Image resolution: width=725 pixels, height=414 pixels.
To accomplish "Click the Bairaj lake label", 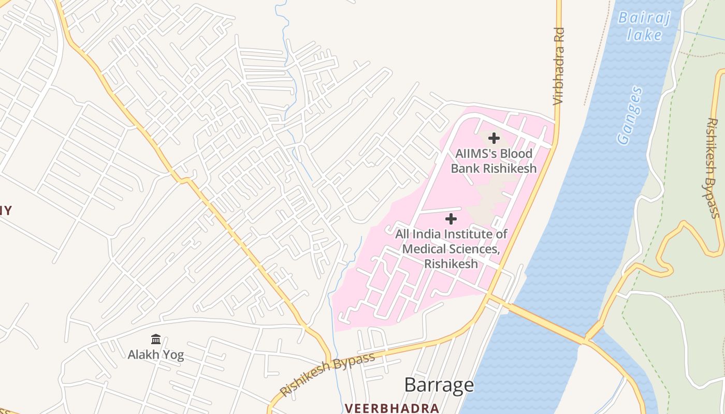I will [x=645, y=26].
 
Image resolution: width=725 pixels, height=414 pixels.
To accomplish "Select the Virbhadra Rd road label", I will [x=558, y=66].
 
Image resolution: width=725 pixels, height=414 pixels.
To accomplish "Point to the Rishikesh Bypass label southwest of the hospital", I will [x=327, y=375].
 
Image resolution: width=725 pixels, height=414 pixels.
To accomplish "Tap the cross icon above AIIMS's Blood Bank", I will [x=494, y=138].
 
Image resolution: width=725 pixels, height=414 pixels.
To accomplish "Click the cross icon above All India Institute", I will [x=451, y=219].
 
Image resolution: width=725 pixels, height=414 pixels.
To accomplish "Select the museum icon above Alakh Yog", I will [x=156, y=339].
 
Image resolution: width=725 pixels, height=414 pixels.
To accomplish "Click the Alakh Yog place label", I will [x=156, y=355].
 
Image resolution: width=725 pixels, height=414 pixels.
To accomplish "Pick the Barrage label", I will [x=439, y=385].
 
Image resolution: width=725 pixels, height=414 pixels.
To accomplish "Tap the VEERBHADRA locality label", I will [x=392, y=408].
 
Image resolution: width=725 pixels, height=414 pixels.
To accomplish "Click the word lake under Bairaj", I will [x=644, y=35].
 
